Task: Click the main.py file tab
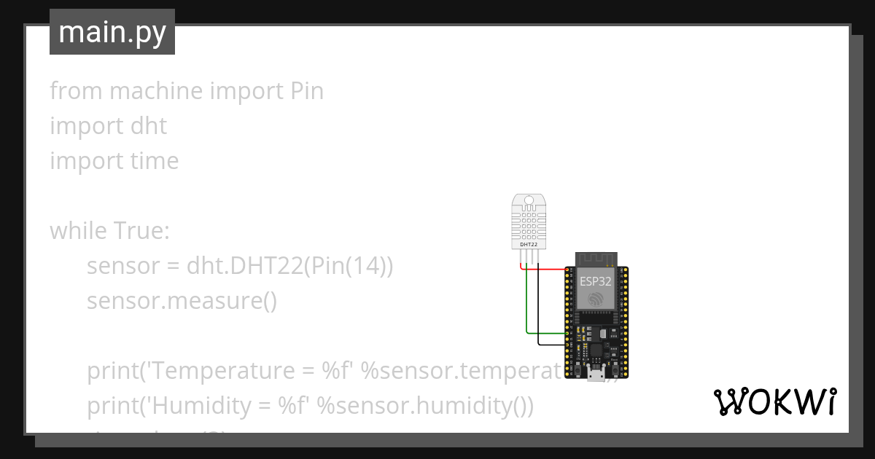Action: click(112, 32)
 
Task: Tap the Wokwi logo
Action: click(774, 401)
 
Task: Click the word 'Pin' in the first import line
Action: click(307, 91)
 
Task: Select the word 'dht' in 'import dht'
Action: click(149, 126)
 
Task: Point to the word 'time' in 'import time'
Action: click(155, 161)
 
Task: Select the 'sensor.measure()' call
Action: click(182, 301)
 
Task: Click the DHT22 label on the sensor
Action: click(529, 244)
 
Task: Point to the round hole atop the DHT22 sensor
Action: click(529, 199)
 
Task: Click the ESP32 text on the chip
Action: click(595, 280)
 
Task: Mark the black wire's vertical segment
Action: click(538, 306)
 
